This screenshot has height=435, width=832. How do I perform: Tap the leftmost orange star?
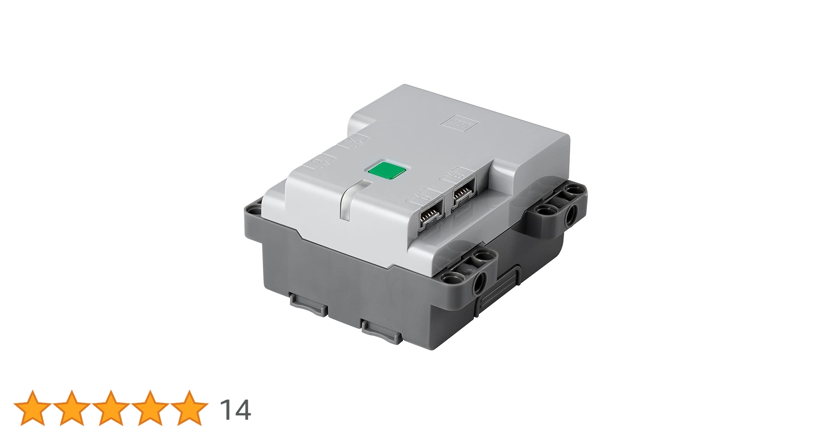click(32, 408)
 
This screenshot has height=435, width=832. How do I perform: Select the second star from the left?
click(71, 408)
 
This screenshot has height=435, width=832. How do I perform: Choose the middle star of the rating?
click(111, 408)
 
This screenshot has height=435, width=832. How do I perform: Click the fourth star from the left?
click(150, 408)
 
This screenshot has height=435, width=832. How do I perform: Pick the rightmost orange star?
click(189, 408)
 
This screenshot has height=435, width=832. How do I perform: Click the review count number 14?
click(235, 410)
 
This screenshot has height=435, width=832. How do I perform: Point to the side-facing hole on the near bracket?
click(480, 281)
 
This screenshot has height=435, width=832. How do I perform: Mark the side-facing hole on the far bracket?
click(571, 213)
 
